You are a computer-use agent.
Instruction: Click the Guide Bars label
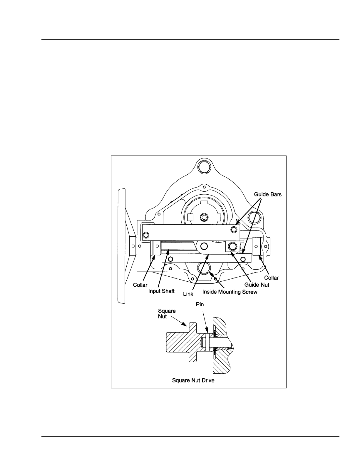tap(268, 194)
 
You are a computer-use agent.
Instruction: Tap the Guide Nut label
tap(257, 285)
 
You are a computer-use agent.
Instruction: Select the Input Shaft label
tap(161, 291)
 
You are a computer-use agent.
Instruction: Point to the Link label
tap(188, 294)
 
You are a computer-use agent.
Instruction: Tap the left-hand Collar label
tap(140, 285)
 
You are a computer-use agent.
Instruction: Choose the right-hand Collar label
tap(271, 278)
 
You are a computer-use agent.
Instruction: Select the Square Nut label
tap(167, 314)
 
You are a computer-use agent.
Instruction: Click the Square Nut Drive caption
tap(193, 380)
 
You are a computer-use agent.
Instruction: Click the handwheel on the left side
tap(122, 245)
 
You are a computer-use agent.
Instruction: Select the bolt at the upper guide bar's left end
tap(146, 235)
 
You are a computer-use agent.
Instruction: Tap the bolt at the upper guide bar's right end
tap(234, 229)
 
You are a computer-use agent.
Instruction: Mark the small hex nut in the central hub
tap(203, 217)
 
